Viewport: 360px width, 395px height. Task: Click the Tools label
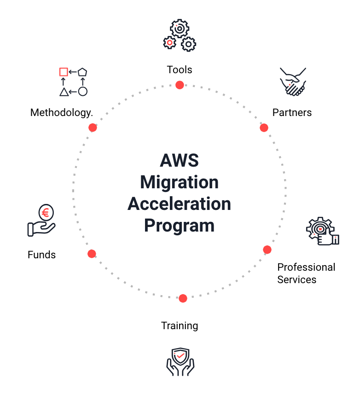coord(180,70)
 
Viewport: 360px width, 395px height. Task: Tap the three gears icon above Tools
coord(180,36)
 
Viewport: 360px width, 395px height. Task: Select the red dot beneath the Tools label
coord(180,85)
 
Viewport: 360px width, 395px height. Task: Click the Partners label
coord(292,112)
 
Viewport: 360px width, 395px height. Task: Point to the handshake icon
coord(293,81)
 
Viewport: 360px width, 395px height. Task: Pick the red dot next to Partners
coord(264,128)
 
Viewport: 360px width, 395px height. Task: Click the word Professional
coord(306,267)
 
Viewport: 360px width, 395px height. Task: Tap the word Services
coord(296,279)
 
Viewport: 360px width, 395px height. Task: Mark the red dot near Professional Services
coord(267,250)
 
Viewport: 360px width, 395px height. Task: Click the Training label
coord(180,325)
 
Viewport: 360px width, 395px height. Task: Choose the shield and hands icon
coord(180,361)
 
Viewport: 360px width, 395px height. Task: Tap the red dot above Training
coord(183,298)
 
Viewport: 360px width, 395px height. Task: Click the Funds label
coord(41,255)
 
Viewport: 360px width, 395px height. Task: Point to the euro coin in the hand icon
coord(45,213)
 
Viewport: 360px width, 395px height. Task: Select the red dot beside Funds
coord(92,254)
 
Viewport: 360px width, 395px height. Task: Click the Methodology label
coord(61,112)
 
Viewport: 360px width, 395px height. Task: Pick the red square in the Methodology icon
coord(64,72)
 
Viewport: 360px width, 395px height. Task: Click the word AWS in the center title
coord(179,161)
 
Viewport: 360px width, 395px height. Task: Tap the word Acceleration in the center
coord(179,203)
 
